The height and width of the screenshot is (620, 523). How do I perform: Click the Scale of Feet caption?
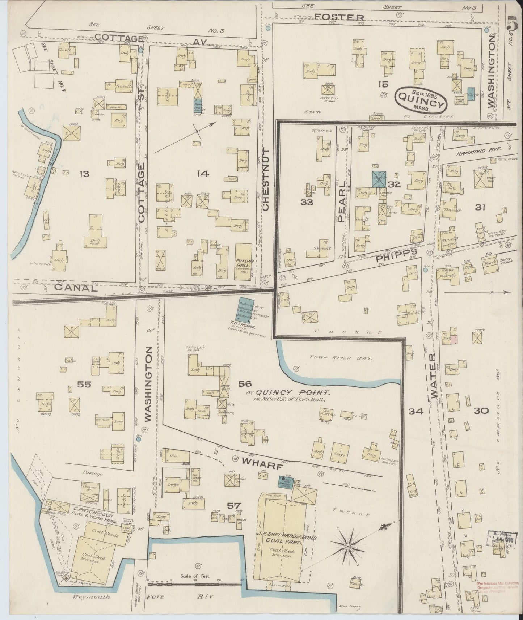pyautogui.click(x=195, y=576)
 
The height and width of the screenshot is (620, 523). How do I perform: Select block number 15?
pyautogui.click(x=383, y=84)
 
